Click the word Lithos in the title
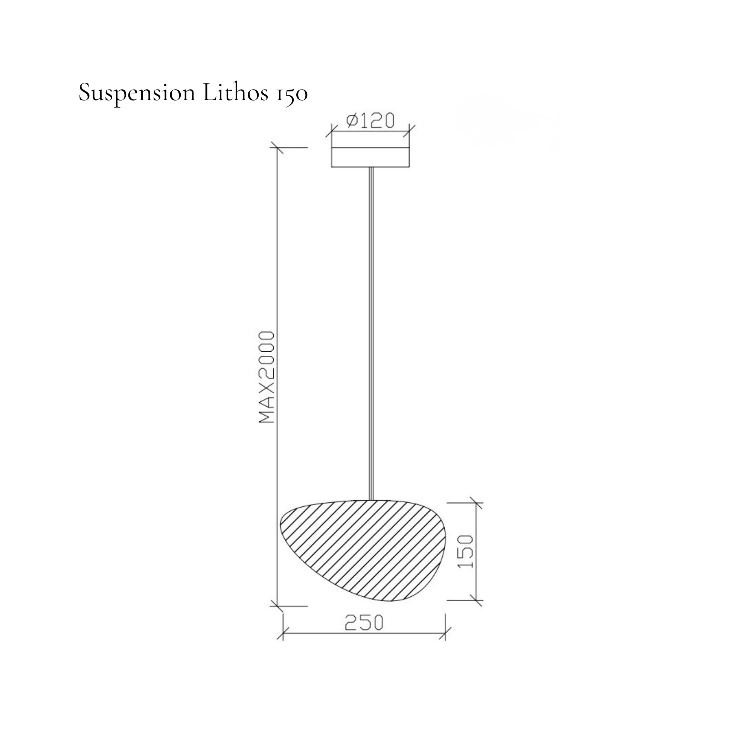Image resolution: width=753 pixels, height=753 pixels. (235, 92)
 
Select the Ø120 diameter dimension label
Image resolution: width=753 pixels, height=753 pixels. (370, 120)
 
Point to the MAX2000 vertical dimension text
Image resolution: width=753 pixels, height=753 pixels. (267, 377)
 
